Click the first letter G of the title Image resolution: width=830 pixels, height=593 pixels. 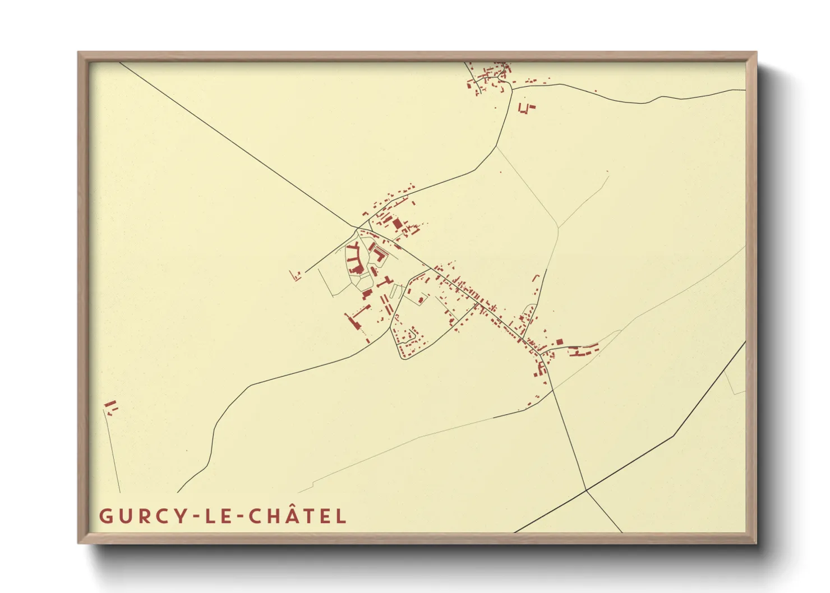[x=105, y=516]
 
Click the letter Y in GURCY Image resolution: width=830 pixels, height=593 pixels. [x=178, y=516]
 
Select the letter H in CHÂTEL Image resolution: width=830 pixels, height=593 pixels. [x=274, y=516]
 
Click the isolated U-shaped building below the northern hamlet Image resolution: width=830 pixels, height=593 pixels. [x=526, y=108]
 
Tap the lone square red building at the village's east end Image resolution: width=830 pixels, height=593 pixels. [x=559, y=342]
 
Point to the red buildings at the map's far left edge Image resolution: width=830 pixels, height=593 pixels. [x=111, y=407]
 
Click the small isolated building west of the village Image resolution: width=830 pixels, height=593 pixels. [x=296, y=275]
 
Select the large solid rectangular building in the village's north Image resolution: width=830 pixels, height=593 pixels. [x=398, y=224]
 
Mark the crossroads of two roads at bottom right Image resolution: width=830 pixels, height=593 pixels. [x=586, y=490]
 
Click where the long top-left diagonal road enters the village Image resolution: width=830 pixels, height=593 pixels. [x=357, y=228]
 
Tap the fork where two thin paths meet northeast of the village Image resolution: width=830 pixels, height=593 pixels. [x=558, y=228]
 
